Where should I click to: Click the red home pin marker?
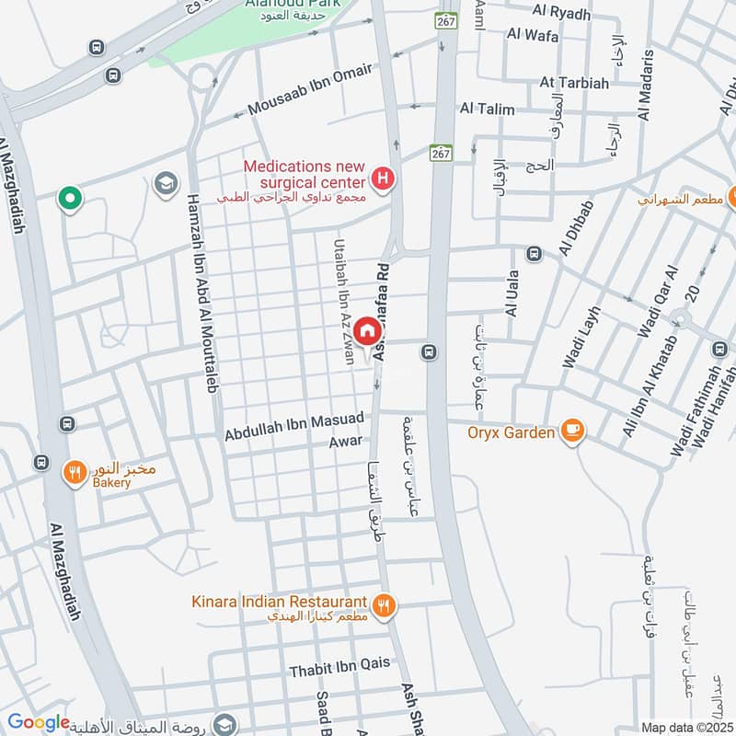coord(366,330)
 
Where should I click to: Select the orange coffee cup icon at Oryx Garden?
coord(572,430)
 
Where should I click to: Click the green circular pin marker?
coord(68,197)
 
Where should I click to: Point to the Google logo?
coord(38,723)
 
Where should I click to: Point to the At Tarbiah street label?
coord(574,83)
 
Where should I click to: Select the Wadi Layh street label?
coord(581,339)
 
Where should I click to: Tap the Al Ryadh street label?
coord(561,12)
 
